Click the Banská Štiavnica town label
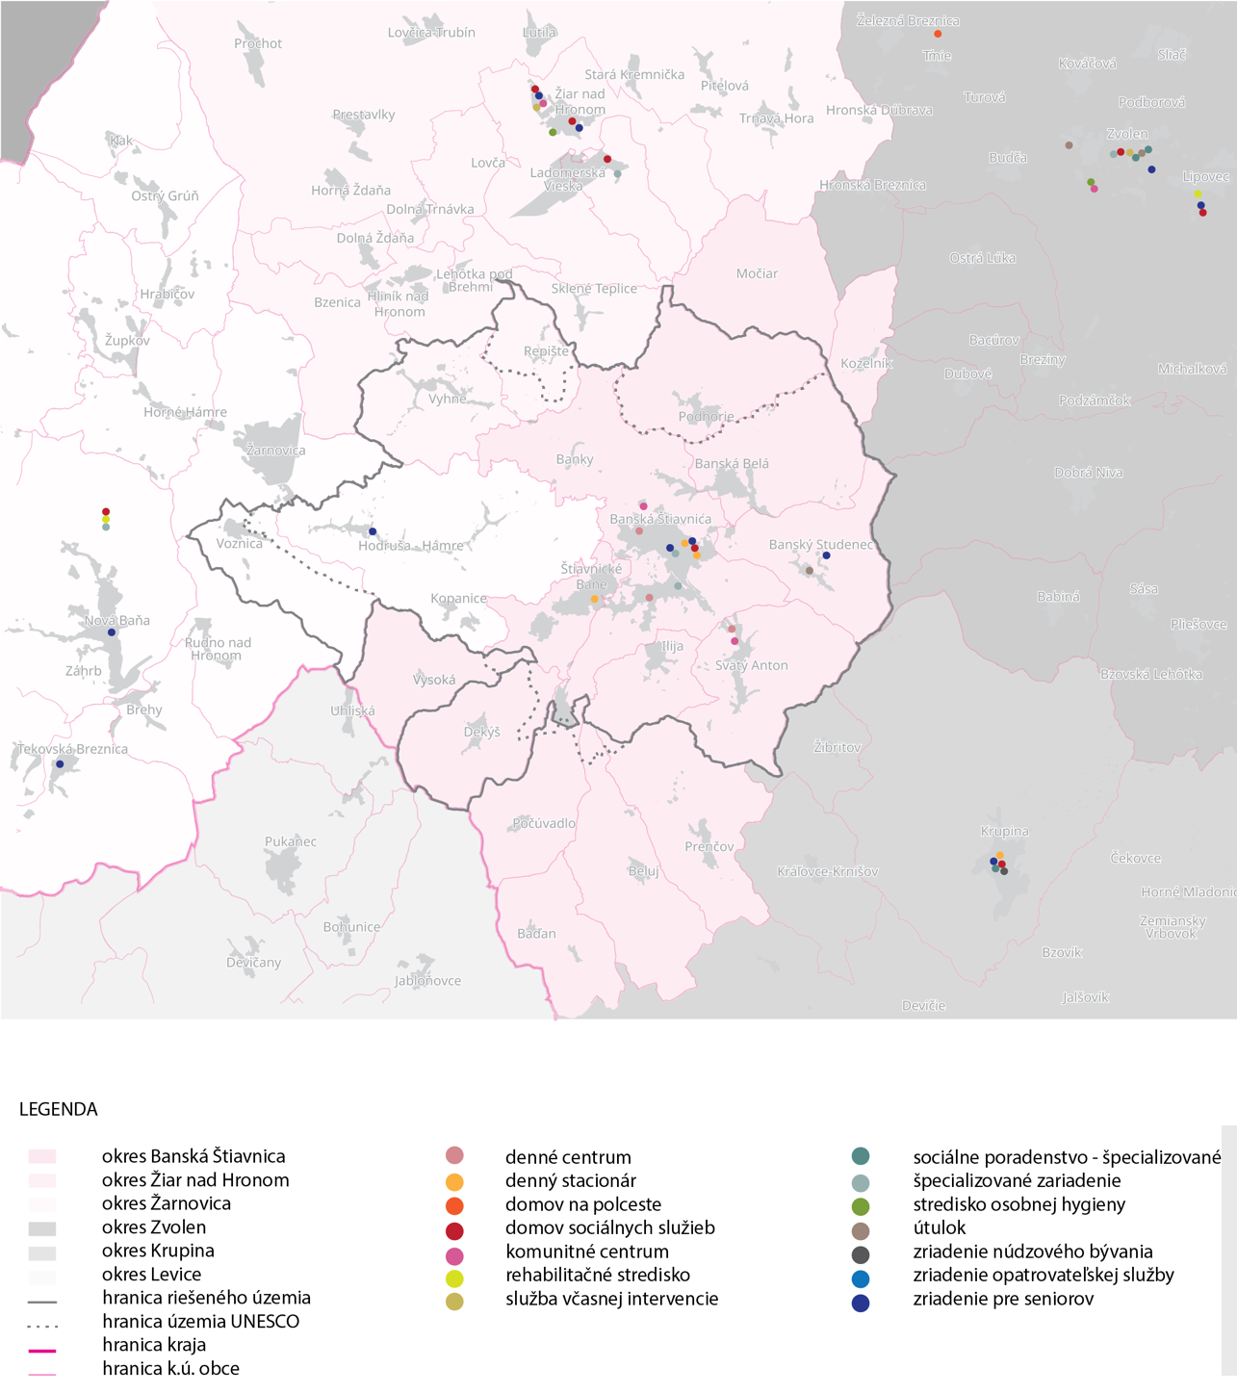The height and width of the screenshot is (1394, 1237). pos(660,519)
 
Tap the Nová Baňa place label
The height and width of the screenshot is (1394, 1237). pos(117,620)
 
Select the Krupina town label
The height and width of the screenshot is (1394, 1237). pos(1004,831)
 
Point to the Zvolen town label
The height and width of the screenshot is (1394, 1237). pos(1126,134)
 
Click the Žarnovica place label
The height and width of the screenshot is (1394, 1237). pos(275,450)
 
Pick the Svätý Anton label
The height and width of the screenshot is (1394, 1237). pos(751,665)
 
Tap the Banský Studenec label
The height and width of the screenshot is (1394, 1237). pos(821,544)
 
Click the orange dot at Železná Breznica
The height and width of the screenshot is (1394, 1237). pos(938,34)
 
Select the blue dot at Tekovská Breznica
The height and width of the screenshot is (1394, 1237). pos(60,763)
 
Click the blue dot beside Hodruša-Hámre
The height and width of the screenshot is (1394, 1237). pos(373,531)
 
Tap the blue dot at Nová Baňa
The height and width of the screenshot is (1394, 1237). pos(112,632)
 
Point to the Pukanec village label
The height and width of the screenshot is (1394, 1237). pos(290,841)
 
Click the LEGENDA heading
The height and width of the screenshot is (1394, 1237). pos(59,1109)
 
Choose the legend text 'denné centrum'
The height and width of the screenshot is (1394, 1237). pos(568,1156)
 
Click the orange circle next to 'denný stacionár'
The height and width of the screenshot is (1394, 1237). pos(454,1181)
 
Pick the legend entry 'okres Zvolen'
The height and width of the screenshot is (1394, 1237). pos(154,1227)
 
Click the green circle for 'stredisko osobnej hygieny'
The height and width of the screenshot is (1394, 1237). pos(861,1205)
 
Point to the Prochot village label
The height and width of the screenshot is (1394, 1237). pos(258,43)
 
